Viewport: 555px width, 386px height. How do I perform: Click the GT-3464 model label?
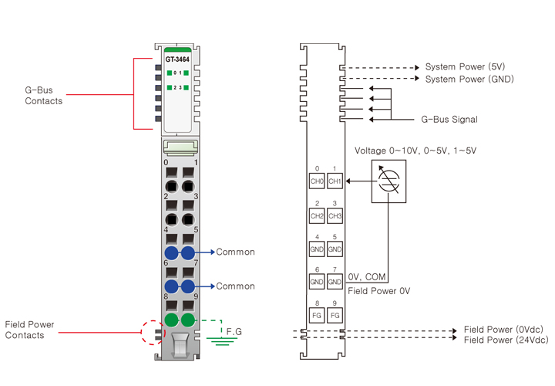(x=177, y=59)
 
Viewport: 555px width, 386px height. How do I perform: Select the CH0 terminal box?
(x=317, y=181)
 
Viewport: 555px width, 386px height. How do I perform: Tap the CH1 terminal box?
(x=335, y=181)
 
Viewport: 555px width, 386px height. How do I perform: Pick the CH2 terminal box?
(x=317, y=215)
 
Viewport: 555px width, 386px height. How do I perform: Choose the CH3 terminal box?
(x=335, y=215)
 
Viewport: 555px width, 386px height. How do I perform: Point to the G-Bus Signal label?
(x=449, y=120)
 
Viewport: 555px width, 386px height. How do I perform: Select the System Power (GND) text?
(x=469, y=79)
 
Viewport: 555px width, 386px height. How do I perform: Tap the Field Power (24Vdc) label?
(x=506, y=340)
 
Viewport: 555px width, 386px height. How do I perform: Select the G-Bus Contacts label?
(x=44, y=96)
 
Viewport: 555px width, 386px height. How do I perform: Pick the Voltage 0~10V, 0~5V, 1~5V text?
(x=415, y=151)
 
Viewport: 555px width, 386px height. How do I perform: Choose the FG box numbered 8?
(x=317, y=317)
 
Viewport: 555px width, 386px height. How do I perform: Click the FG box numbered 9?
(x=335, y=317)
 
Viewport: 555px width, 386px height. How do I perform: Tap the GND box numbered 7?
(x=335, y=283)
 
